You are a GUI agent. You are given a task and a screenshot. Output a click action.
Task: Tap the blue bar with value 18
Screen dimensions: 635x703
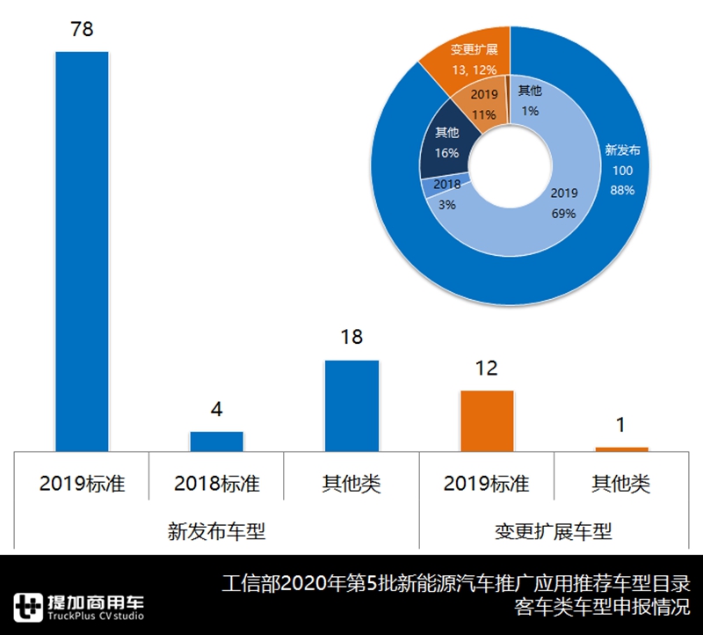point(351,405)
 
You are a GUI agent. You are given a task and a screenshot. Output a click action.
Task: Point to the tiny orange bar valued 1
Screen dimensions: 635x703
point(621,449)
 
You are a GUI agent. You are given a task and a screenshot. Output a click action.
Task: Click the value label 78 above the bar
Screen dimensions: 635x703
point(82,30)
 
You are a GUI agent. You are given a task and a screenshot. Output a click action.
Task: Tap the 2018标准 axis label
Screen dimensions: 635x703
point(216,484)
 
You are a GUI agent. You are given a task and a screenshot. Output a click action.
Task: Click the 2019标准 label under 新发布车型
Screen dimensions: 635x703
point(82,484)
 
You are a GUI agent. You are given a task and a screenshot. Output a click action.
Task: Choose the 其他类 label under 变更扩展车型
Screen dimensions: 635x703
point(621,484)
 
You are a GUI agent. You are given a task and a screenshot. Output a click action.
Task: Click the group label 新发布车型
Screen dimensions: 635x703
point(216,531)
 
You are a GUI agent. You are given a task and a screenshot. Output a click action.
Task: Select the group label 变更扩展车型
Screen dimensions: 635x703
point(554,531)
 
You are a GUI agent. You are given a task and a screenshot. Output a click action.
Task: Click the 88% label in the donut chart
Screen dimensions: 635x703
point(622,189)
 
